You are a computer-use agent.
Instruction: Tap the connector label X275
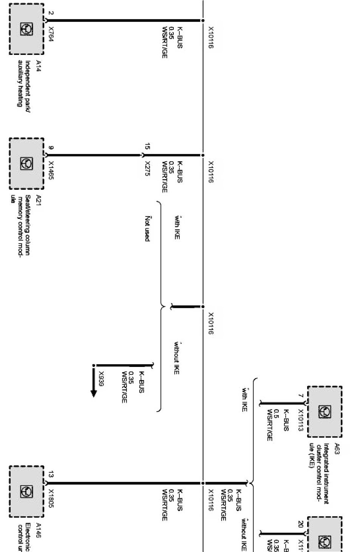[147, 169]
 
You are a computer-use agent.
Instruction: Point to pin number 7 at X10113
[301, 396]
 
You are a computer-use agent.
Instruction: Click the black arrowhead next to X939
[94, 393]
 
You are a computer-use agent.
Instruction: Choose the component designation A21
[38, 199]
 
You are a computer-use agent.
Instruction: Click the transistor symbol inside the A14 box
[26, 29]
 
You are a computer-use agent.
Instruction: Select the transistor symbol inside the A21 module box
[26, 164]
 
